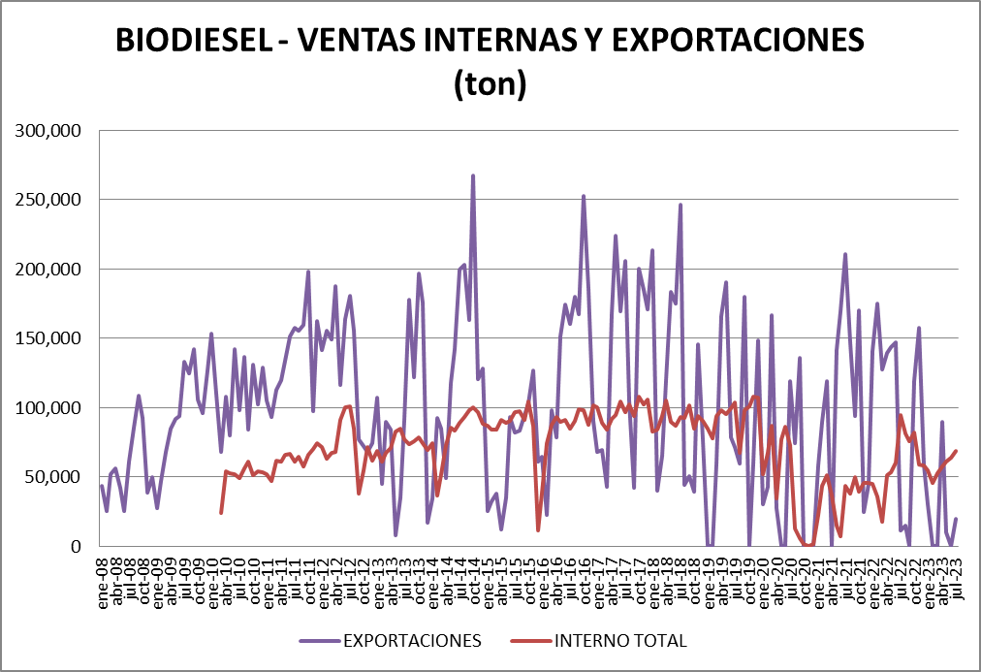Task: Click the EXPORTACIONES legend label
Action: click(411, 641)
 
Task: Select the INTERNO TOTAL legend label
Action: click(620, 641)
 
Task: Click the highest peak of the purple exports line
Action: click(473, 176)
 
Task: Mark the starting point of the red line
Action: click(221, 512)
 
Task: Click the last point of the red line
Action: click(956, 451)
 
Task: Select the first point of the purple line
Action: click(102, 486)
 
